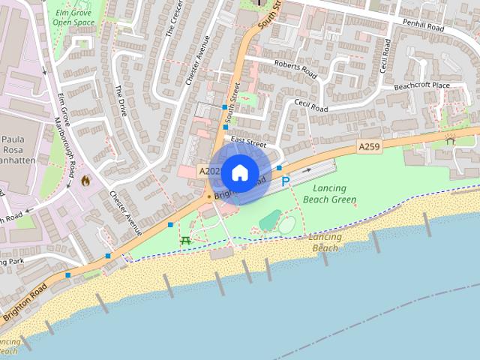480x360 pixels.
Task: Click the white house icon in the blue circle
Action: (239, 172)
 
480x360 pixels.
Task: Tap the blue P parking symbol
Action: (285, 181)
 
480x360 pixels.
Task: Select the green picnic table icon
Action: (185, 239)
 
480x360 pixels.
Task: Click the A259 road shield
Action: (369, 147)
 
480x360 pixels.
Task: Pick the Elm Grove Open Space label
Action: (73, 17)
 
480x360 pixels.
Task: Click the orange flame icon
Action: (85, 180)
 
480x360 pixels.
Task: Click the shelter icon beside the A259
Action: (450, 140)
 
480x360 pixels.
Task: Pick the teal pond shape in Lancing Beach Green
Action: (268, 220)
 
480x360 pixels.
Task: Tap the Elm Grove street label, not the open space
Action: (63, 109)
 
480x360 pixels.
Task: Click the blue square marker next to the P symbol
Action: (279, 168)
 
